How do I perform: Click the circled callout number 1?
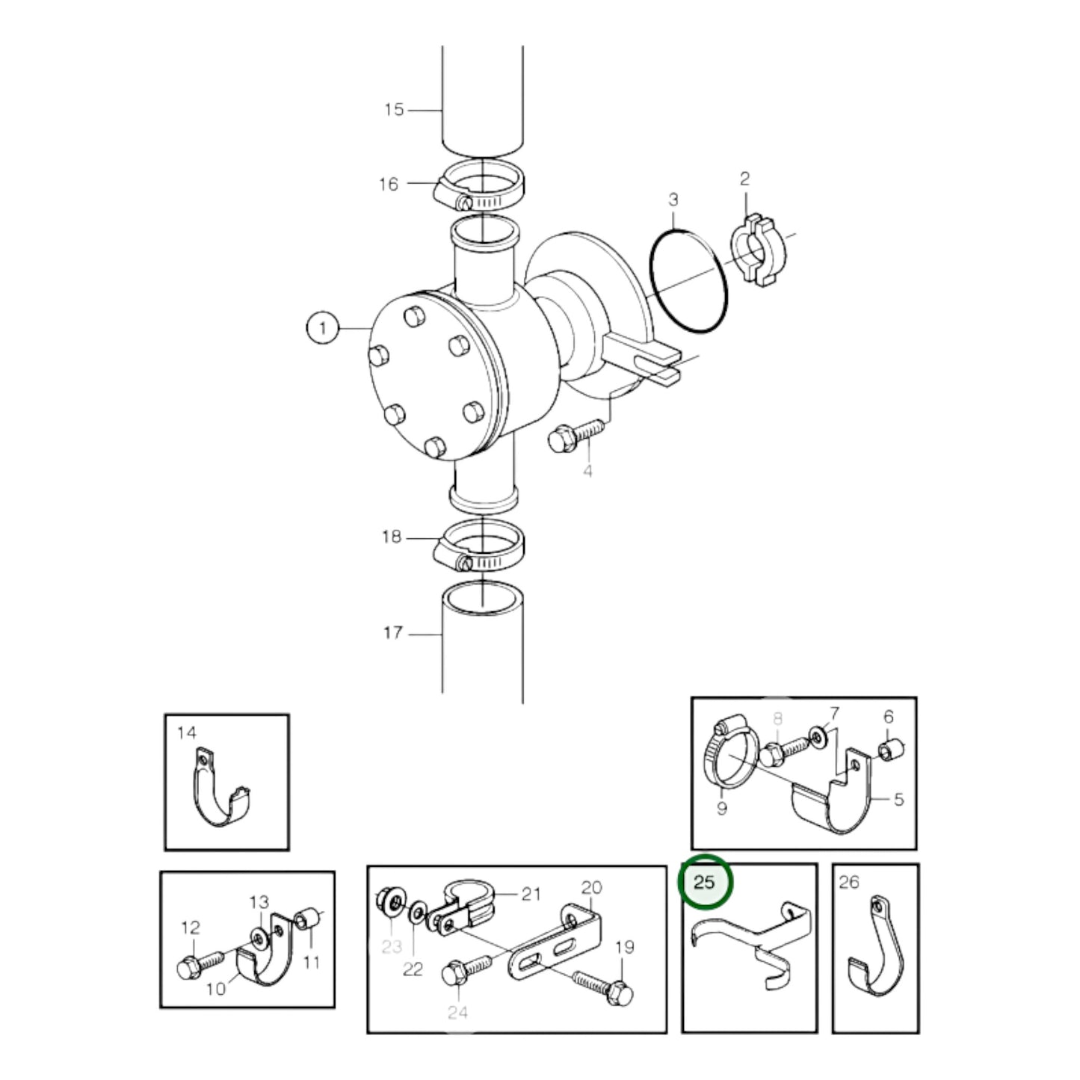323,329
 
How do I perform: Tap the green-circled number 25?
705,883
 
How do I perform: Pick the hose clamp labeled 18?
478,549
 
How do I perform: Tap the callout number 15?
394,110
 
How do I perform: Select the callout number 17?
393,633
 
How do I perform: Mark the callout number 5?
899,800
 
